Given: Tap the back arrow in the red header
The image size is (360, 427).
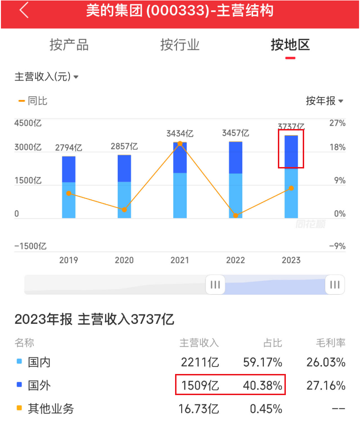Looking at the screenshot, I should click(x=24, y=10).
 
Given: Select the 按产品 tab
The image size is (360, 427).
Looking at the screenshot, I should click(x=69, y=45).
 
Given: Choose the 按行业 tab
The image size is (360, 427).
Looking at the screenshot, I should click(x=180, y=45).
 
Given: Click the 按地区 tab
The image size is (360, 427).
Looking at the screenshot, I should click(x=290, y=45).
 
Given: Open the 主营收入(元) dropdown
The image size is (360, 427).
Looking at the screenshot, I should click(x=46, y=77).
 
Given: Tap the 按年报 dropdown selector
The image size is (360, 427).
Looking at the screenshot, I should click(x=324, y=101).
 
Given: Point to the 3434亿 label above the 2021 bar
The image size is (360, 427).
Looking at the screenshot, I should click(x=180, y=134).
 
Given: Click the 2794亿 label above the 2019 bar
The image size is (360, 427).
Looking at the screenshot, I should click(x=69, y=147).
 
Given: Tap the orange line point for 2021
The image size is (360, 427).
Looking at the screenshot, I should click(x=180, y=144).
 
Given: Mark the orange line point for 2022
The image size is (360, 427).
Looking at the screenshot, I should click(x=236, y=215).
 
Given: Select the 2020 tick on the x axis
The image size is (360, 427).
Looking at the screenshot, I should click(x=124, y=260).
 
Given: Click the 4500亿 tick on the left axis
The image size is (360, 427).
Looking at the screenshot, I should click(x=28, y=123).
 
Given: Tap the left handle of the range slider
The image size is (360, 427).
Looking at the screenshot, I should click(x=215, y=284).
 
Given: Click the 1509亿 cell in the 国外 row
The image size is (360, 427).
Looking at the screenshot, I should click(x=200, y=386).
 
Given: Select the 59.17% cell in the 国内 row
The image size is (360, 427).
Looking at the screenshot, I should click(x=262, y=362).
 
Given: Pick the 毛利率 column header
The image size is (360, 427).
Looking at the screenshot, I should click(x=331, y=343).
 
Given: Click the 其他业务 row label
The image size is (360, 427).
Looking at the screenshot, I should click(x=51, y=409).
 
